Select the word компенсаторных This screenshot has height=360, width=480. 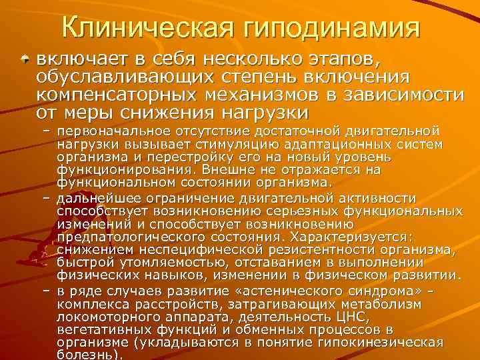click(x=113, y=95)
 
